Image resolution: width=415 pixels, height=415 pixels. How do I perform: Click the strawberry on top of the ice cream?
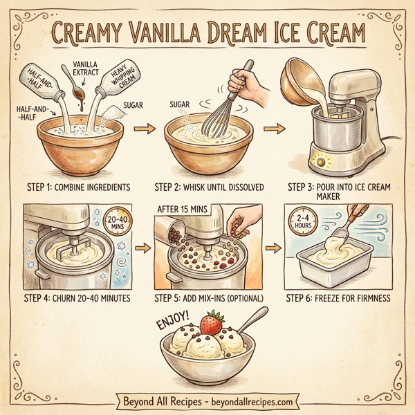click(212, 323)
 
